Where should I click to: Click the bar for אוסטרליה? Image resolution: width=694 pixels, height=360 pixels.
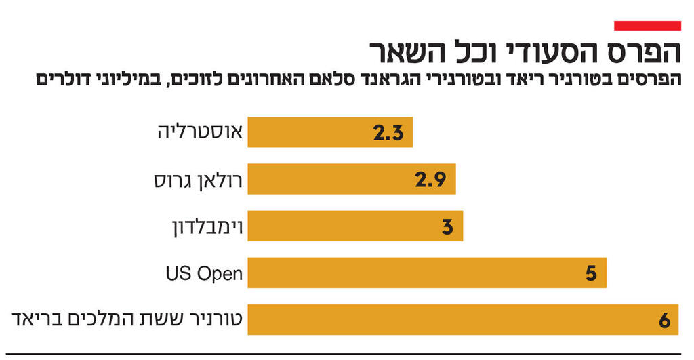coord(329,132)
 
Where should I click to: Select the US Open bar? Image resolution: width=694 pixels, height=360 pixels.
coord(426,273)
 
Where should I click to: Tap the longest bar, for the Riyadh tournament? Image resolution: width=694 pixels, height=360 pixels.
coord(462,320)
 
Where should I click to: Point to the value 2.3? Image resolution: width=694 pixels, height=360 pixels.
coord(388,133)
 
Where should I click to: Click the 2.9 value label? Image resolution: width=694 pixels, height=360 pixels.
coord(430,180)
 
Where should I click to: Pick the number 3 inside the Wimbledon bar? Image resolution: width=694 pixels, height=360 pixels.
coord(447,226)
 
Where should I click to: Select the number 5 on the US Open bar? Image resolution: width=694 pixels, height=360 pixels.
coord(590,273)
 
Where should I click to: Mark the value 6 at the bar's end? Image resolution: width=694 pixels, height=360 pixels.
coord(664,320)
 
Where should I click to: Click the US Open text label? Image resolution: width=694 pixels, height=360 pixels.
coord(204,273)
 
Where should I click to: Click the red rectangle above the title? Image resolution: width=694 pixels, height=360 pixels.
coord(647,26)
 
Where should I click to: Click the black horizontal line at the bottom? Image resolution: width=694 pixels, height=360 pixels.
coord(347,353)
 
